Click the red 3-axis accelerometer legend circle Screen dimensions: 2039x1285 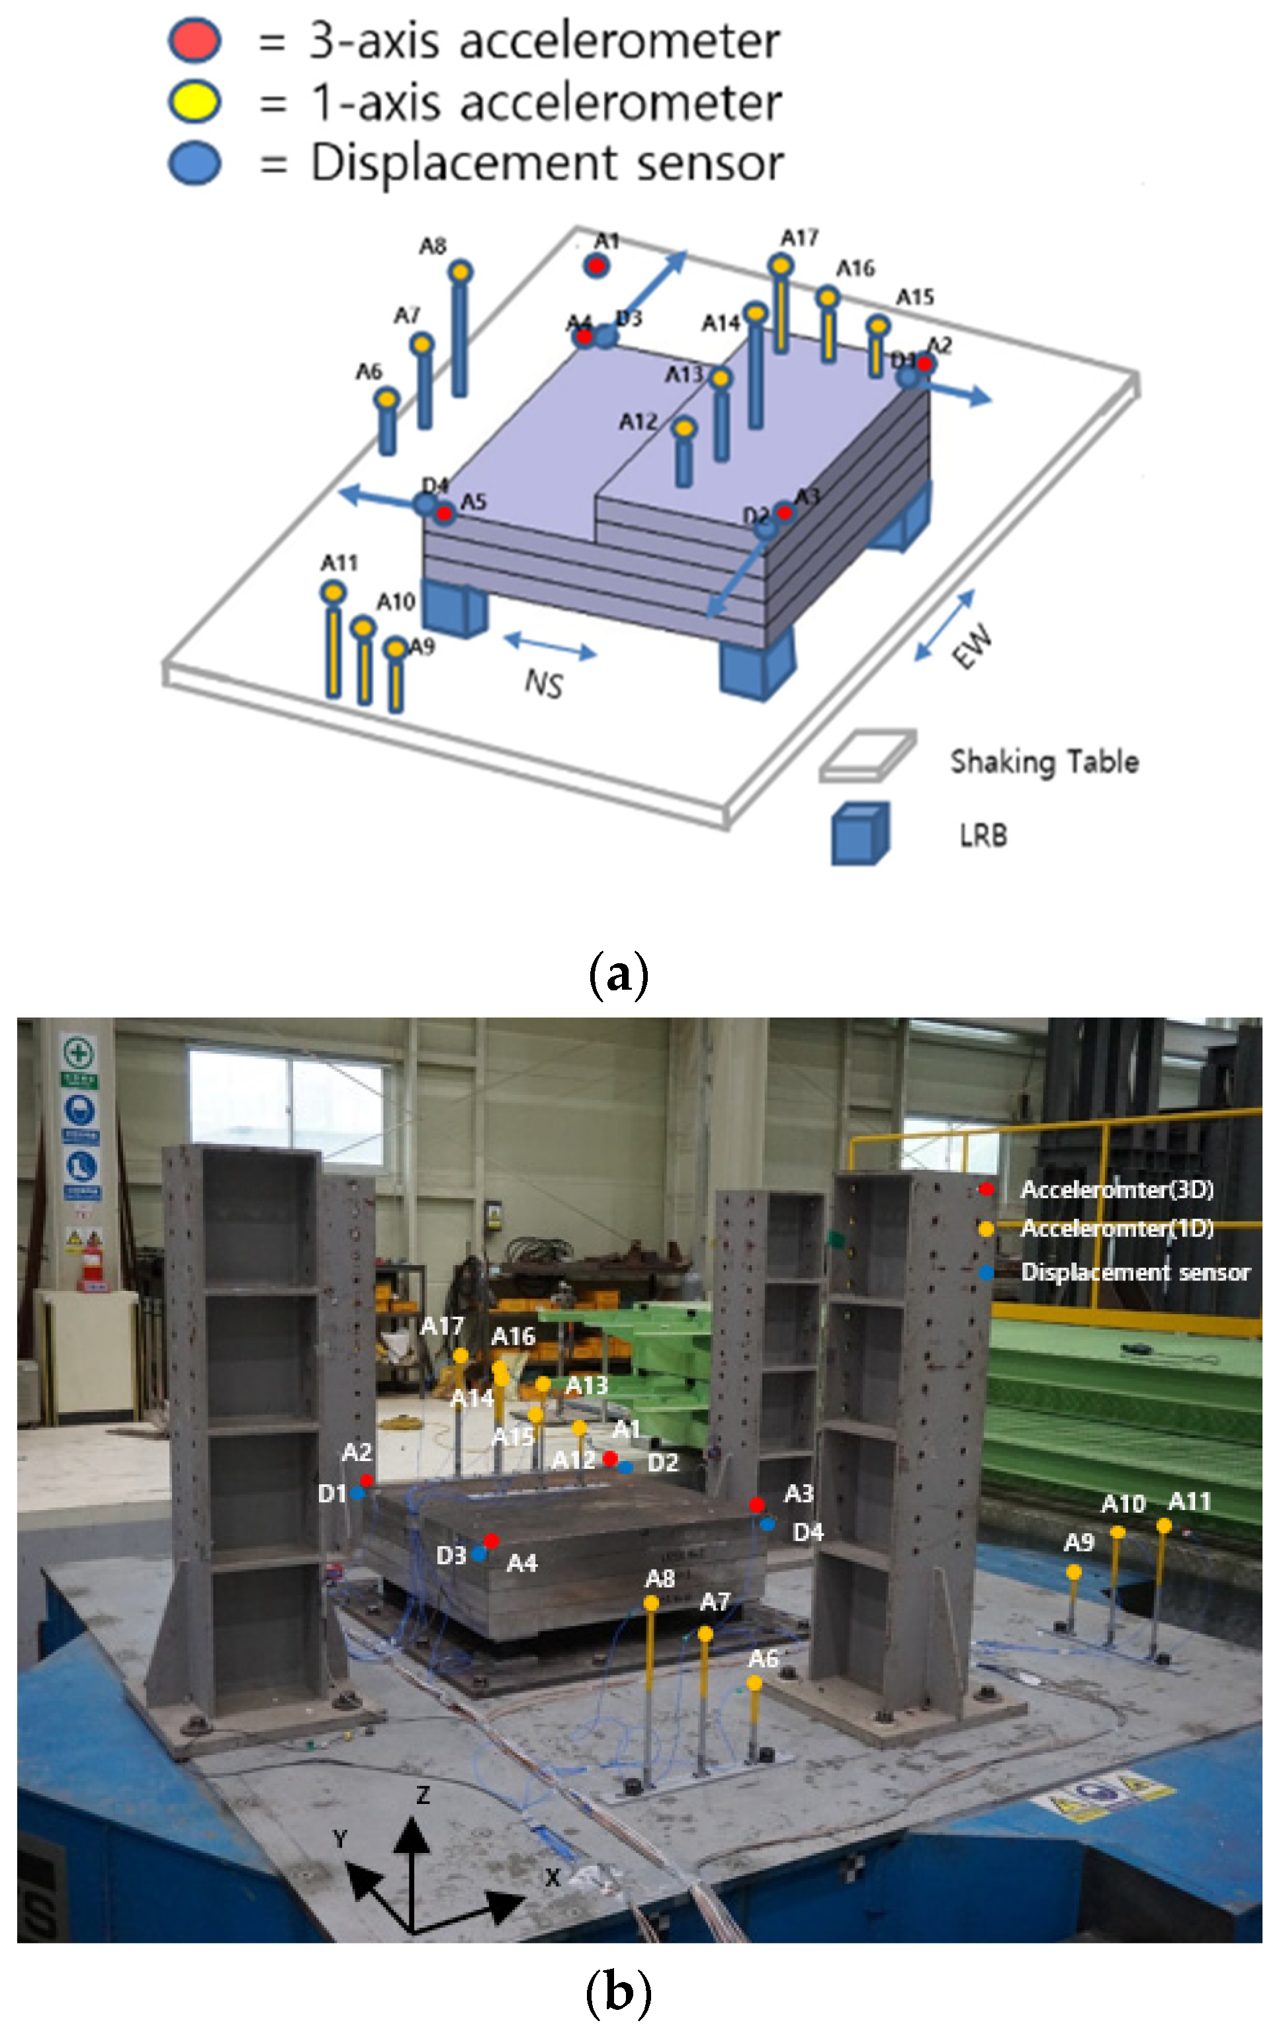(195, 40)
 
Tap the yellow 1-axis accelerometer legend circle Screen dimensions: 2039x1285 (195, 101)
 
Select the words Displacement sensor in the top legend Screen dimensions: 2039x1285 (547, 163)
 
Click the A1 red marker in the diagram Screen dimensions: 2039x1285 (596, 266)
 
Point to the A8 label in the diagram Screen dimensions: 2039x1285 (433, 246)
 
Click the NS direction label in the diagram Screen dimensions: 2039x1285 (543, 683)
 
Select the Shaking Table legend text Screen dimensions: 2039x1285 (1043, 761)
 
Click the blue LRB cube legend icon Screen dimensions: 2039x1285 (860, 833)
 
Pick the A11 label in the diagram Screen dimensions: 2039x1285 (339, 563)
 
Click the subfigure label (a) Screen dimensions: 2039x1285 (619, 974)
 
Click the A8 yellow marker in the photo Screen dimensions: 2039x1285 (651, 1602)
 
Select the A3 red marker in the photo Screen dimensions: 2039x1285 (757, 1504)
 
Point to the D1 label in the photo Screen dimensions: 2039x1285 (332, 1494)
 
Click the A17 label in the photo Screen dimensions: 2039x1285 (442, 1326)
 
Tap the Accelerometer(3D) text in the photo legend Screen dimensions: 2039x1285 (1116, 1190)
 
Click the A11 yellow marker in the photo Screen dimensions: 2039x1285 (1164, 1525)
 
